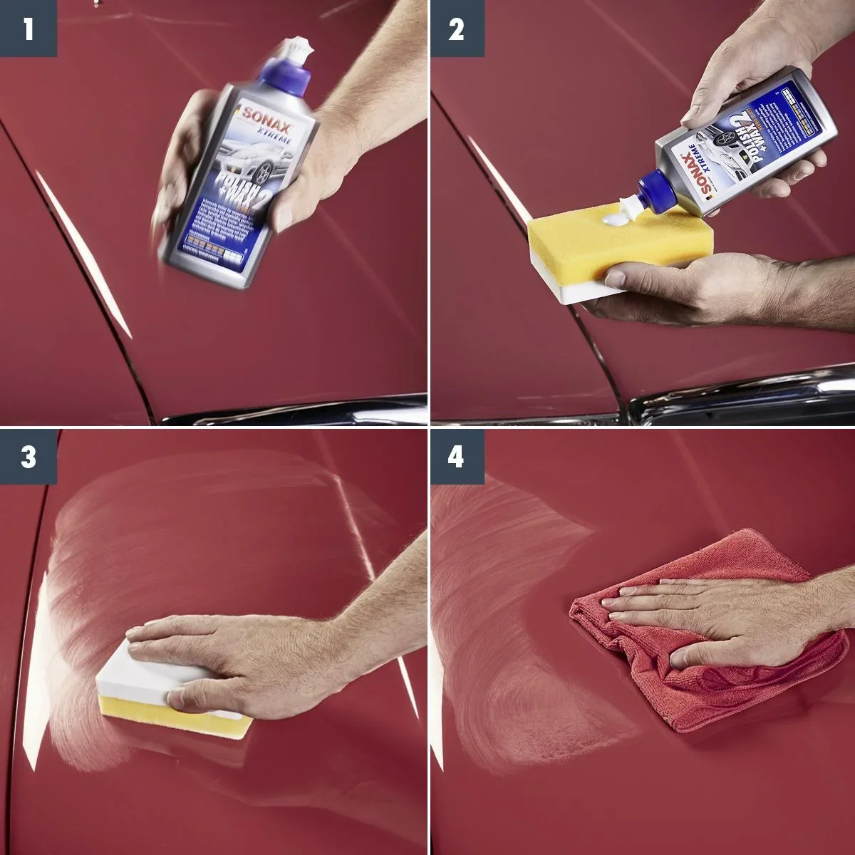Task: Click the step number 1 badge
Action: coord(28,28)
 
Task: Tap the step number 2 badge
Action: coord(456,28)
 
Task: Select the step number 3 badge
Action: coord(28,457)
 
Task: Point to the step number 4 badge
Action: coord(456,457)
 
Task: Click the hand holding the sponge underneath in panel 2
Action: coord(684,285)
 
